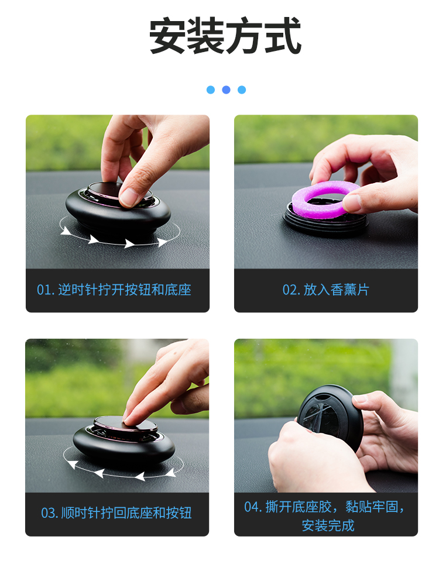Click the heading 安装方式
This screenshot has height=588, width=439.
(x=225, y=36)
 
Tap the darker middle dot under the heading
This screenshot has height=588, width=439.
(x=226, y=90)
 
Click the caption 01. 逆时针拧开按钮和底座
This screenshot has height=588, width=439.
(x=114, y=290)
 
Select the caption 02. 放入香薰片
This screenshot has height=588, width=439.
(x=326, y=290)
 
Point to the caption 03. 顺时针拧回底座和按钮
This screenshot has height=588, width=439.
(x=116, y=513)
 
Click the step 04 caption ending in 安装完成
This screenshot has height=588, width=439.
(x=326, y=515)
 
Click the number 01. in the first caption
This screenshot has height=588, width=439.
(x=46, y=290)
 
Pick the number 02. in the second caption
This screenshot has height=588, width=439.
(x=291, y=290)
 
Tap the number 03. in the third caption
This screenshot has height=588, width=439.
(x=49, y=514)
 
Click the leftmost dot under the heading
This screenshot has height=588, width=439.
(x=211, y=90)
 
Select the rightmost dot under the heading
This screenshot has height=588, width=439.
(x=242, y=90)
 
